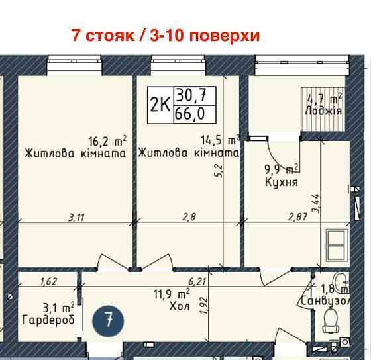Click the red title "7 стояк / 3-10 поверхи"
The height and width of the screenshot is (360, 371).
pos(166,35)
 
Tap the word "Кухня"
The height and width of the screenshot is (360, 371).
pos(280,181)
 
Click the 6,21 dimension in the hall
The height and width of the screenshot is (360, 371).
pos(197,281)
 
